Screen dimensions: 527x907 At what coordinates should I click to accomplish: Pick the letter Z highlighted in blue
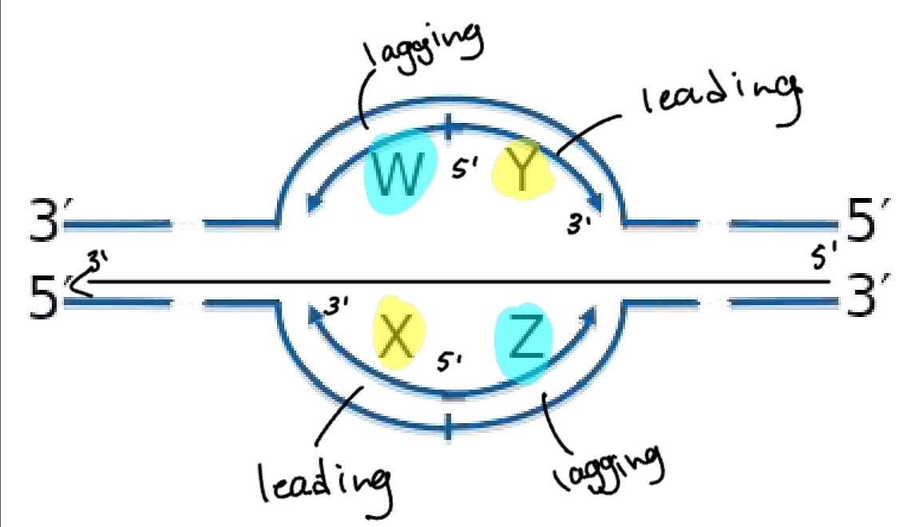[525, 342]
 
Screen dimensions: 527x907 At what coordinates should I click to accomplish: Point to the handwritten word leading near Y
[721, 97]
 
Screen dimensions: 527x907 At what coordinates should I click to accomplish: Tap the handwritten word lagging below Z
[608, 467]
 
